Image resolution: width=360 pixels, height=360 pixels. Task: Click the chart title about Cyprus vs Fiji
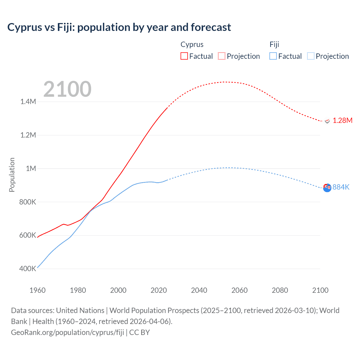[x=119, y=27]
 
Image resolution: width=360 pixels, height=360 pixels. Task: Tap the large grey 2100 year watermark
[x=67, y=89]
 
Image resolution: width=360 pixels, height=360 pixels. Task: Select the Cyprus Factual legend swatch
[x=184, y=56]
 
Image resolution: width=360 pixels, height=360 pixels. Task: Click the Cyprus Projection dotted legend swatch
[x=222, y=56]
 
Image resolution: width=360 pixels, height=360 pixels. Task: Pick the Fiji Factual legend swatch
[x=273, y=56]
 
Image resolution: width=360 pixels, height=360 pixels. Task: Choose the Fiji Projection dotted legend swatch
[x=310, y=56]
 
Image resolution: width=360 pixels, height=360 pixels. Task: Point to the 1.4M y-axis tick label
[x=28, y=102]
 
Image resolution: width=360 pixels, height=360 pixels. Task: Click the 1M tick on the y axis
[x=31, y=168]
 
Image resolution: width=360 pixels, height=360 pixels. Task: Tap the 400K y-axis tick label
[x=28, y=269]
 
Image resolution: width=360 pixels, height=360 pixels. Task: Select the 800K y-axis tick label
[x=28, y=202]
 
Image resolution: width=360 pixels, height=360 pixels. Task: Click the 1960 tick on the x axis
[x=37, y=290]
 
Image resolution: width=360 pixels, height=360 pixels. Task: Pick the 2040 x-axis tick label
[x=199, y=290]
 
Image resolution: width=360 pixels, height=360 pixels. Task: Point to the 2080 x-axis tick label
[x=280, y=290]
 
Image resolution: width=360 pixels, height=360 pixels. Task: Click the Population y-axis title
[x=12, y=175]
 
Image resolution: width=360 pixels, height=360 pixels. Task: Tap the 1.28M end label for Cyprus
[x=342, y=120]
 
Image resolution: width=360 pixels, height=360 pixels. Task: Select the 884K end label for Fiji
[x=341, y=187]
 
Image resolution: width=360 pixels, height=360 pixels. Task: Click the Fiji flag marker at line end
[x=327, y=188]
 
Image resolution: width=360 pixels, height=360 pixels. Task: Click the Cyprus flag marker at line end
[x=327, y=121]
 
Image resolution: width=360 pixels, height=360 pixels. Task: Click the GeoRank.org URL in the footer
[x=67, y=332]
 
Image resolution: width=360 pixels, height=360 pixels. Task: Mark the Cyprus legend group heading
[x=192, y=44]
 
